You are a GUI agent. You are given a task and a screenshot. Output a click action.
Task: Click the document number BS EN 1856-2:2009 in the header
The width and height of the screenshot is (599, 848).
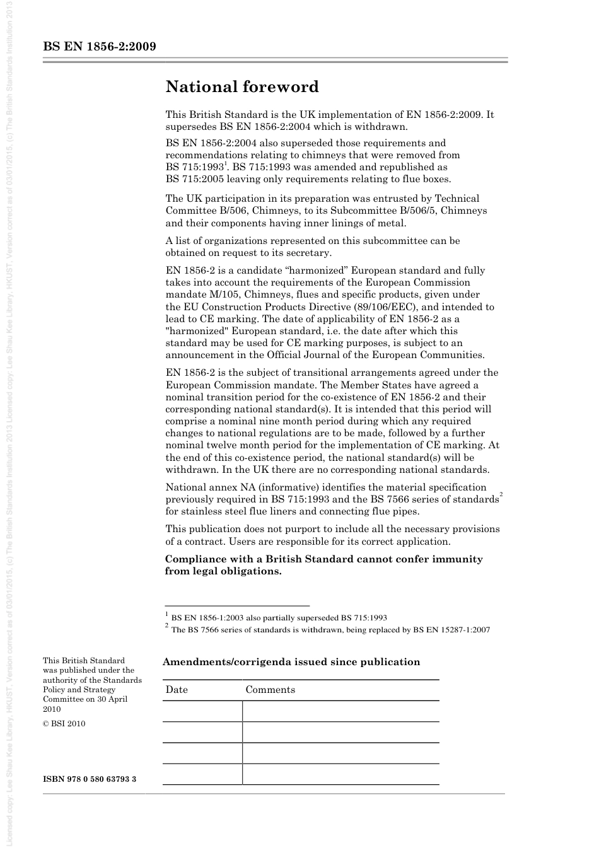100,47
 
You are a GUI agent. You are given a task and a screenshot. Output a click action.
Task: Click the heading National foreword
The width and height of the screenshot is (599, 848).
242,87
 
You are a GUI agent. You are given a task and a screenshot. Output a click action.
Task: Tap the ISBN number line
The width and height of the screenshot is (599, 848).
90,779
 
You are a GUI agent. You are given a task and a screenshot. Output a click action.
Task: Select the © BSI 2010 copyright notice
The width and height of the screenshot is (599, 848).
64,723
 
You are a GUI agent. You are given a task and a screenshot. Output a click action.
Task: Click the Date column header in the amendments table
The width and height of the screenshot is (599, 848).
177,690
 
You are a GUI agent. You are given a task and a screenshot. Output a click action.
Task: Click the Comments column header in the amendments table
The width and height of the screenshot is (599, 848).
270,690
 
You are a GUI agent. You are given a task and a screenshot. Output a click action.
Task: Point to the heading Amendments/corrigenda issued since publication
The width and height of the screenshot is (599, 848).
291,662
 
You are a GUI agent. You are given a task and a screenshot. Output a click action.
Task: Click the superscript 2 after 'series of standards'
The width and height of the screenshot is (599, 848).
501,496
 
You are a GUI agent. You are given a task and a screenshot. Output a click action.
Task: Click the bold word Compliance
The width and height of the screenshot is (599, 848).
197,559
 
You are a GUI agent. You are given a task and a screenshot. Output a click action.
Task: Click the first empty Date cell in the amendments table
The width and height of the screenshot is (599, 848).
202,711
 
